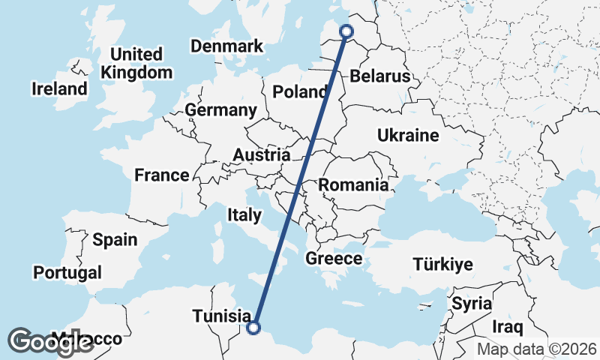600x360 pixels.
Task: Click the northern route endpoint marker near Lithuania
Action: tap(346, 31)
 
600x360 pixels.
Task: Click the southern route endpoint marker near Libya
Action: tap(253, 327)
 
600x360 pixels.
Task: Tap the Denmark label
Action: tap(226, 46)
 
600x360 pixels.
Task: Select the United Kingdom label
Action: tap(136, 64)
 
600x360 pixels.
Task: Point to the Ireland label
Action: tap(59, 89)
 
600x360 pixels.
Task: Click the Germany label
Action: tap(220, 110)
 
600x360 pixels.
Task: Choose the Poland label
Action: tap(300, 92)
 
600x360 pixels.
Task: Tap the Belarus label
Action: tap(380, 76)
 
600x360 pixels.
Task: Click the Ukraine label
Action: tap(407, 136)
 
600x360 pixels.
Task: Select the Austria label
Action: tap(261, 155)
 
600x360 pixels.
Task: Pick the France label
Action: tap(161, 175)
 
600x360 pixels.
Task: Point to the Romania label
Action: tap(353, 184)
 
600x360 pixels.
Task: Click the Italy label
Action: tap(244, 216)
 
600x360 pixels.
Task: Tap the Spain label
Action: tap(115, 240)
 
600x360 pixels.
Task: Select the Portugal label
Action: tap(67, 272)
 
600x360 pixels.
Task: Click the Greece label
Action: tap(334, 259)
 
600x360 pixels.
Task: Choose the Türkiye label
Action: tap(442, 264)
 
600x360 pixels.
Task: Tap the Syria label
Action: tap(472, 304)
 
